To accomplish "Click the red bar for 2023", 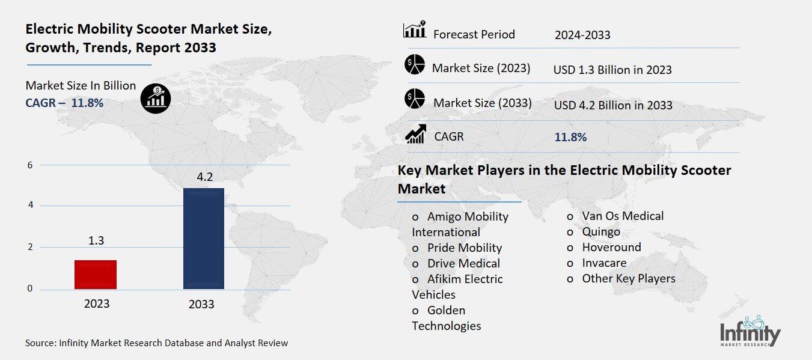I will tap(96, 275).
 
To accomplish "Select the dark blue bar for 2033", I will tap(203, 239).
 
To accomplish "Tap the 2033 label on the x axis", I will tap(201, 304).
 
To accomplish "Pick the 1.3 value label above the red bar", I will tap(96, 240).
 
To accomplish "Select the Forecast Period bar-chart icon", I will tap(415, 30).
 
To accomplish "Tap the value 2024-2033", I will tap(582, 35).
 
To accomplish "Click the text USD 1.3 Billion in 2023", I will tap(612, 70).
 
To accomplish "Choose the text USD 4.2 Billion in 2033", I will tap(613, 105).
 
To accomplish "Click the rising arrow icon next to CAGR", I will tap(415, 134).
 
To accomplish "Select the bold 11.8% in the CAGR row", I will tap(570, 137).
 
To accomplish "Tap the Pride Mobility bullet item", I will tap(464, 248).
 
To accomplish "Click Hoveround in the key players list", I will tap(611, 247).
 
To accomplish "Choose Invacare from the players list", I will tap(604, 263).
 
